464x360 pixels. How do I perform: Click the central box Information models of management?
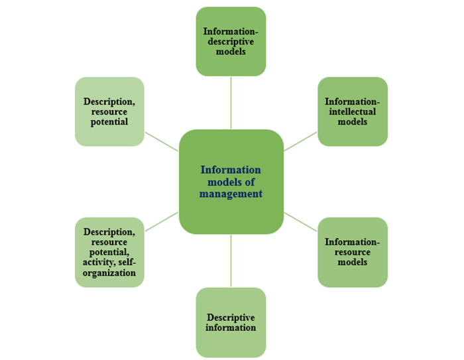pyautogui.click(x=231, y=181)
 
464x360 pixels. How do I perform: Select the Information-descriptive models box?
pyautogui.click(x=231, y=41)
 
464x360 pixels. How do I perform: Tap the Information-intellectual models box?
pyautogui.click(x=353, y=111)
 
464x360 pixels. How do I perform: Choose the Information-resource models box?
pyautogui.click(x=353, y=252)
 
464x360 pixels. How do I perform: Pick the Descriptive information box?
pyautogui.click(x=231, y=322)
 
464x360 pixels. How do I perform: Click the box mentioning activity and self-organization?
pyautogui.click(x=109, y=252)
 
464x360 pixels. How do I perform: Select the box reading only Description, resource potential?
pyautogui.click(x=109, y=111)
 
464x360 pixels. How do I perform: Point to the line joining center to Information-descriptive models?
pyautogui.click(x=231, y=102)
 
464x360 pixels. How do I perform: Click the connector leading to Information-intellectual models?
pyautogui.click(x=300, y=141)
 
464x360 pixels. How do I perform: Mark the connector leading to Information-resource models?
pyautogui.click(x=300, y=222)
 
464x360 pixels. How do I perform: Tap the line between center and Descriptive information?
pyautogui.click(x=231, y=261)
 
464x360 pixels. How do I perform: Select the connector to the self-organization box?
pyautogui.click(x=161, y=222)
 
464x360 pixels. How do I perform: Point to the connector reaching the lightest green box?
pyautogui.click(x=161, y=141)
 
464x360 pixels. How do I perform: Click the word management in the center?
pyautogui.click(x=231, y=194)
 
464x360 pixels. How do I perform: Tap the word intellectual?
pyautogui.click(x=353, y=111)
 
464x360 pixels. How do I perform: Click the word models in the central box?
pyautogui.click(x=220, y=182)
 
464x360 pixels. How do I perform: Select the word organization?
pyautogui.click(x=109, y=273)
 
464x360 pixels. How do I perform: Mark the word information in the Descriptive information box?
pyautogui.click(x=231, y=328)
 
